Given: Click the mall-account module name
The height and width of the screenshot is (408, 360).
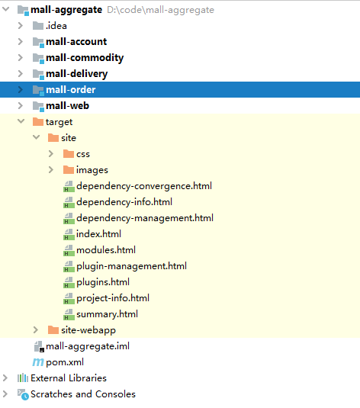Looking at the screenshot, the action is tap(76, 42).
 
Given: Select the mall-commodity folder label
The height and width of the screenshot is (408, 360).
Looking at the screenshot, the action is tap(85, 58).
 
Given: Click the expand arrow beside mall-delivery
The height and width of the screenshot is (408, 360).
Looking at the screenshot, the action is tap(21, 74).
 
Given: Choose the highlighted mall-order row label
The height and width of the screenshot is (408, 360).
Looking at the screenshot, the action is tap(70, 90).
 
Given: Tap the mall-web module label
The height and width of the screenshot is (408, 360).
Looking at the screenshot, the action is tap(67, 106).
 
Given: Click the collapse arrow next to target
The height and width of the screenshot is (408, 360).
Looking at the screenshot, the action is tap(21, 121).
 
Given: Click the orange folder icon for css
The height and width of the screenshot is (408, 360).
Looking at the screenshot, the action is tap(69, 154).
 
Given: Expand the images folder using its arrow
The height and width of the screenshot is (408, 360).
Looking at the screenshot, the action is tap(51, 170).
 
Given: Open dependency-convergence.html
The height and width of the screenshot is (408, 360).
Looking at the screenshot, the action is tap(144, 186).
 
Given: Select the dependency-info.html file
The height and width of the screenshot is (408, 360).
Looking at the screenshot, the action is tap(124, 202).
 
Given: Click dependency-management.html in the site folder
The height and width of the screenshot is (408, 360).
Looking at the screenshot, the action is tap(145, 218).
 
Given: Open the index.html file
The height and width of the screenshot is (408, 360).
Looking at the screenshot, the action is tap(98, 234).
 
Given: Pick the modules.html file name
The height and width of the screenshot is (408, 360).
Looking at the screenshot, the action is tap(106, 250).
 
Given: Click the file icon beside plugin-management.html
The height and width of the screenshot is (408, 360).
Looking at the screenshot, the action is tap(69, 266).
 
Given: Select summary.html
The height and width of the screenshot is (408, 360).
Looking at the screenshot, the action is tap(107, 314).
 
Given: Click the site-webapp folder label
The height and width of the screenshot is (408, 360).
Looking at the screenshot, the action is tap(88, 330).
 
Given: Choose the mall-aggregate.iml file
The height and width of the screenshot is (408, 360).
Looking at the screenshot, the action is tap(88, 346).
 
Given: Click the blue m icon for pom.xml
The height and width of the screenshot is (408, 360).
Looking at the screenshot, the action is tap(38, 362).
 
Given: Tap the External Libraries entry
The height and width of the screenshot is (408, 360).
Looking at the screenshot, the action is tap(69, 378).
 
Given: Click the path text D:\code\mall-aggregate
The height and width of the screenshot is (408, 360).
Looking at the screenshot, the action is tap(160, 10).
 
